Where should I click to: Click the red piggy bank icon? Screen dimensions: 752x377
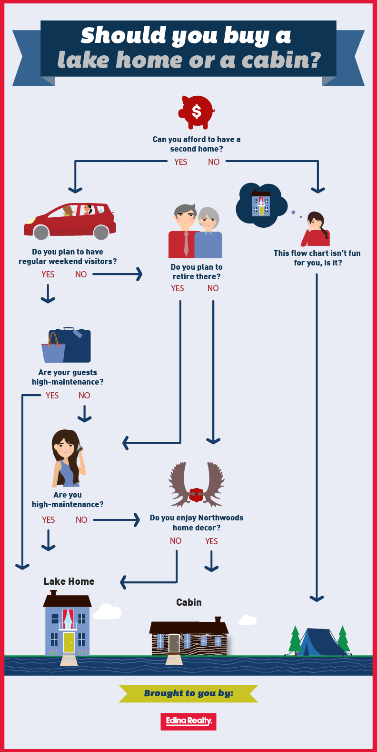(197, 112)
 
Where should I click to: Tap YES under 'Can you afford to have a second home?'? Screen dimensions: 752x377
(180, 162)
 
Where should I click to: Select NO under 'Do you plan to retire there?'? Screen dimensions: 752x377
(213, 288)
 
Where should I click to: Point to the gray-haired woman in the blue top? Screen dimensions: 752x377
(208, 233)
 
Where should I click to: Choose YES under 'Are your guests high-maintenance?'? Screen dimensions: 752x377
(52, 396)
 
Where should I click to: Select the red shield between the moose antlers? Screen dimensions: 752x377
(196, 495)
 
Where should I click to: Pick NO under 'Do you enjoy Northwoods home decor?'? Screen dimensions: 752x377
(176, 541)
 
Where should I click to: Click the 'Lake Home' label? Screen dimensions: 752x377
(69, 581)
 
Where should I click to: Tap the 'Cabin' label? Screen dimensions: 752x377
(189, 602)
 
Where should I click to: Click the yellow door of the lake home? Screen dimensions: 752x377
(69, 642)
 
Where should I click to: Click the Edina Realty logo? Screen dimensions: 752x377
(188, 721)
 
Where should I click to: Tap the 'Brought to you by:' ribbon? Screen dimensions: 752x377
(188, 693)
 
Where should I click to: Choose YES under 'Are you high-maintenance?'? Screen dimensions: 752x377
(49, 520)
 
